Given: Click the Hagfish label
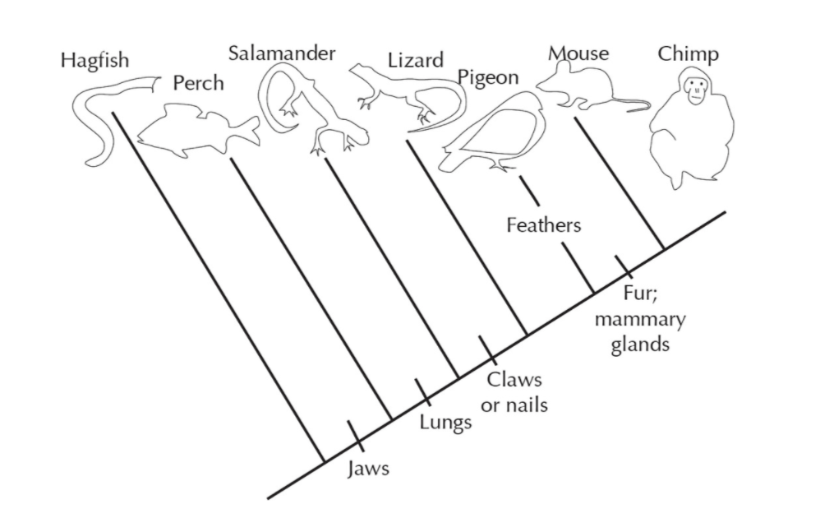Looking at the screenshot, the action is coord(94,61).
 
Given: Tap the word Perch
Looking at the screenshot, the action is coord(198,83).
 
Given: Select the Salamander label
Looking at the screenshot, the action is coord(281,53).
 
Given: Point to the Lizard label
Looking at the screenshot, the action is coord(415,60).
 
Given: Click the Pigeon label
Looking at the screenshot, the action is coord(488,78).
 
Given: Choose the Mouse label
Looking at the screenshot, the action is coord(578,53).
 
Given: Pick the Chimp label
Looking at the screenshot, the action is coord(689,54).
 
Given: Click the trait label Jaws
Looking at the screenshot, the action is coord(369,469).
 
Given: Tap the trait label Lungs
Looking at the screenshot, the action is coord(445,423).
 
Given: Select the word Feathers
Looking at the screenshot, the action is coord(543,225).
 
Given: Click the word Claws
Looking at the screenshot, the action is coord(514,379).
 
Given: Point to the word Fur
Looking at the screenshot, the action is coord(640,293).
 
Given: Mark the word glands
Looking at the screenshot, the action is coord(640,345).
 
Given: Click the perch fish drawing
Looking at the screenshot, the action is coord(198,130).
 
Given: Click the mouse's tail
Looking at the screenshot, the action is coord(630,104).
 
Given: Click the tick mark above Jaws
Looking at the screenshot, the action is coord(356,435).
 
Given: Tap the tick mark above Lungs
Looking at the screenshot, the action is coord(423,392).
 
